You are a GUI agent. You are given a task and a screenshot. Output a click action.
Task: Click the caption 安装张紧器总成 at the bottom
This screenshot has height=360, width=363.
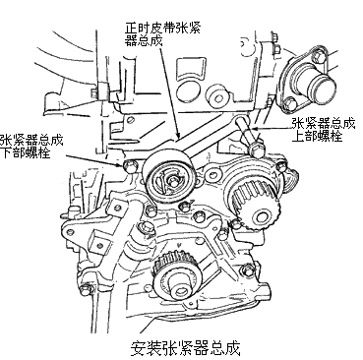pyautogui.click(x=185, y=348)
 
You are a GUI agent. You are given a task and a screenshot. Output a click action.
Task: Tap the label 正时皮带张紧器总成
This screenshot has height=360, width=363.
pyautogui.click(x=162, y=32)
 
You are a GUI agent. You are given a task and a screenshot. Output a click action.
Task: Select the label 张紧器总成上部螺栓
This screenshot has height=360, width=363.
pyautogui.click(x=324, y=130)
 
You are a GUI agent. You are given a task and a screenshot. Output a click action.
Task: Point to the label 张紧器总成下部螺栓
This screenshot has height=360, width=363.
pyautogui.click(x=31, y=146)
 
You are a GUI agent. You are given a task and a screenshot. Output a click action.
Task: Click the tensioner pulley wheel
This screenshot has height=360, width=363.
pyautogui.click(x=169, y=179)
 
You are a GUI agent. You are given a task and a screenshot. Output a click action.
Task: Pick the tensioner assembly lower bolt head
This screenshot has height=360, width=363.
pyautogui.click(x=129, y=166)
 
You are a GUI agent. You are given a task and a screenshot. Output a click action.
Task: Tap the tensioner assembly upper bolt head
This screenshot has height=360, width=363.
pyautogui.click(x=257, y=150)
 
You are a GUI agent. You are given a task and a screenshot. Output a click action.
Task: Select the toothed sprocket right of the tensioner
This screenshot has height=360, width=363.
pyautogui.click(x=256, y=205)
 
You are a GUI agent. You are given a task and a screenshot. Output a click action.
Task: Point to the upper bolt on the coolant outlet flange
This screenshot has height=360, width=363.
pyautogui.click(x=318, y=57)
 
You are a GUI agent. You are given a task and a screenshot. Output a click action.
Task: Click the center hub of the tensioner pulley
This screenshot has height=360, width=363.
pyautogui.click(x=171, y=181)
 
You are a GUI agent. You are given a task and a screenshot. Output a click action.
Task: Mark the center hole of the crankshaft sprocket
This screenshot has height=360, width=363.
pyautogui.click(x=180, y=291)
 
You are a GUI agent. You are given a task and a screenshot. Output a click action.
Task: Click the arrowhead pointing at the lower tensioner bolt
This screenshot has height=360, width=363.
pyautogui.click(x=121, y=163)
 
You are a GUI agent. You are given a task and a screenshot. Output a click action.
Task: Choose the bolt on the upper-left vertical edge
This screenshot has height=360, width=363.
pyautogui.click(x=94, y=91)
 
